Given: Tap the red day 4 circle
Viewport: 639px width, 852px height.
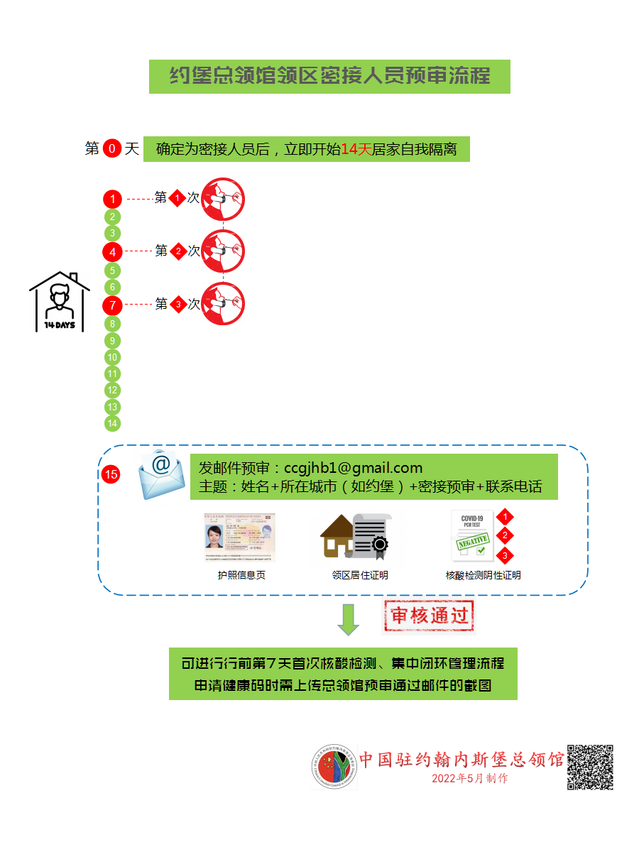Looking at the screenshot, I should pyautogui.click(x=112, y=251).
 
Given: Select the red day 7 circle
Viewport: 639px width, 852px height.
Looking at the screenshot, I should pyautogui.click(x=112, y=305).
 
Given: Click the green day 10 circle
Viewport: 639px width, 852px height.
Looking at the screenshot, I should pyautogui.click(x=112, y=357).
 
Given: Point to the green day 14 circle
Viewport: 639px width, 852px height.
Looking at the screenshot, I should pyautogui.click(x=112, y=423).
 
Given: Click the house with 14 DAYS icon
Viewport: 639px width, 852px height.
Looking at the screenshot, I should pyautogui.click(x=60, y=302).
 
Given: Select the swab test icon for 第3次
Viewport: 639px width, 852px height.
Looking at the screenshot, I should pyautogui.click(x=223, y=304).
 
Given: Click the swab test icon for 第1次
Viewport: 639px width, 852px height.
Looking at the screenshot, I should pyautogui.click(x=223, y=198).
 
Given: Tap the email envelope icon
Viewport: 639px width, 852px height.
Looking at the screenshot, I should pyautogui.click(x=161, y=475).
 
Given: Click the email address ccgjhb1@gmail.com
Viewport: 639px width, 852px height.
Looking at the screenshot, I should pyautogui.click(x=353, y=468).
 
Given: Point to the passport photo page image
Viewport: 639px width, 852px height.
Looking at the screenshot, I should pyautogui.click(x=239, y=538).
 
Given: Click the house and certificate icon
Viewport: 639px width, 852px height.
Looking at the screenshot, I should pyautogui.click(x=356, y=536).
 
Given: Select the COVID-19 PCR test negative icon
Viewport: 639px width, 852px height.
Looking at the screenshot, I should pyautogui.click(x=473, y=537).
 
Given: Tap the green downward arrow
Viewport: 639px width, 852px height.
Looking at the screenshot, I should pyautogui.click(x=348, y=619).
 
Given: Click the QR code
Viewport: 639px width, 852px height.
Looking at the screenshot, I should pyautogui.click(x=589, y=767).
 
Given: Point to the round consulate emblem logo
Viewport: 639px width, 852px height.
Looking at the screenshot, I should pyautogui.click(x=334, y=767).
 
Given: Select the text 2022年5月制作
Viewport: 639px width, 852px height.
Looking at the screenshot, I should pyautogui.click(x=469, y=778).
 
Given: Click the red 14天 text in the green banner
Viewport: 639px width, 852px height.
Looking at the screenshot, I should pyautogui.click(x=356, y=150).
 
